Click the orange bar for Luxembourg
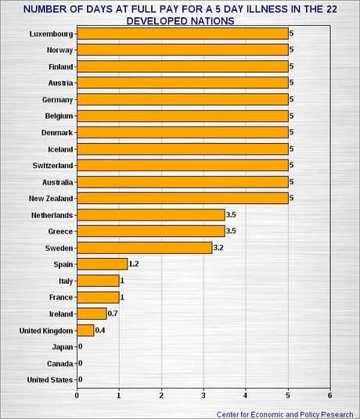coord(182,34)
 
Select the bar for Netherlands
coord(150,214)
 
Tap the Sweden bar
coord(144,247)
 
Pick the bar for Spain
coord(102,263)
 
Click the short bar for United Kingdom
coord(85,330)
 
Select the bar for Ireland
coord(92,313)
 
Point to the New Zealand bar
coord(182,198)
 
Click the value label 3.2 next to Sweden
coord(218,248)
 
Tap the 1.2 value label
coord(134,264)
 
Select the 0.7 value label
coord(113,314)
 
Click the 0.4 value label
coord(100,331)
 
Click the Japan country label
coord(62,347)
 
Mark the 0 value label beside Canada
coord(80,363)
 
